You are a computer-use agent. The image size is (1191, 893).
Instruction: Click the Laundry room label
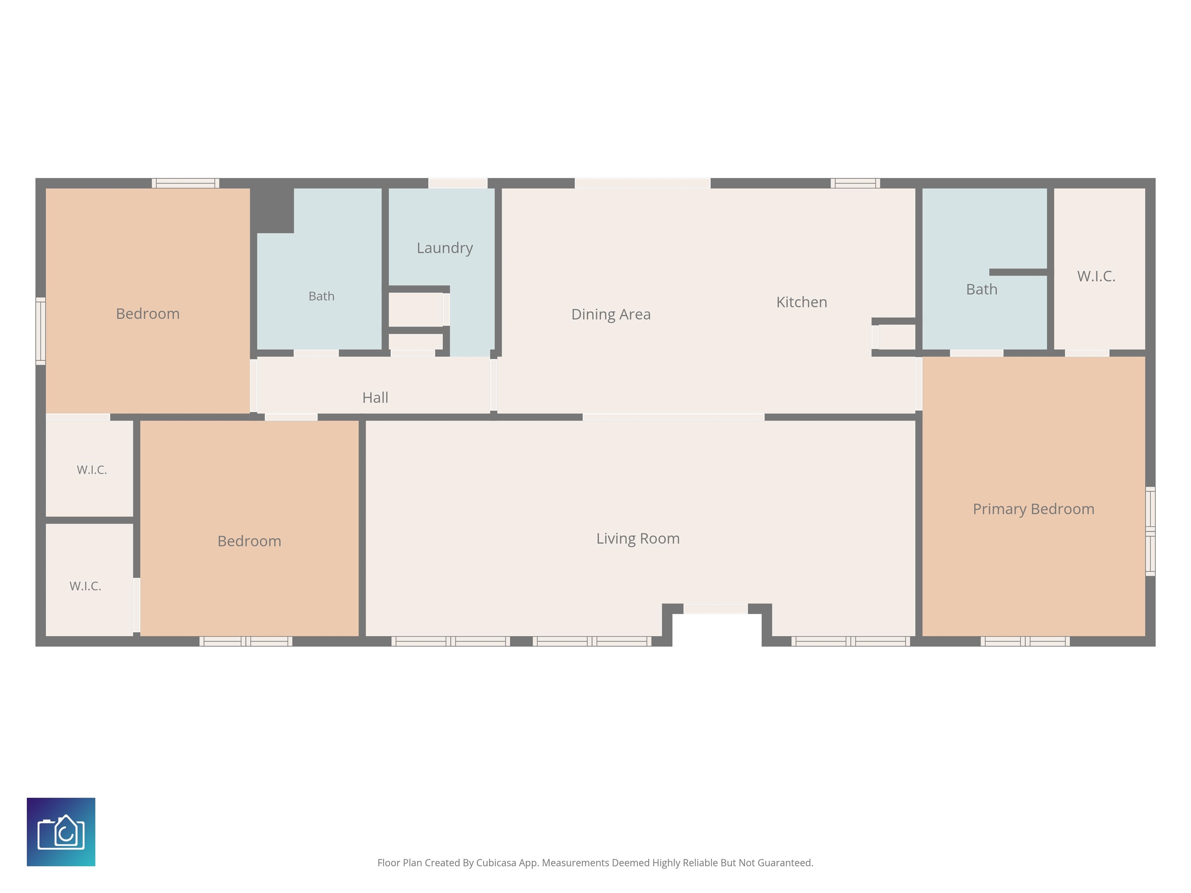click(445, 248)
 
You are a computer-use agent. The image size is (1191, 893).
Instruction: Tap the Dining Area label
click(611, 314)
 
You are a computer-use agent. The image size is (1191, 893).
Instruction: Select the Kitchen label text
click(802, 302)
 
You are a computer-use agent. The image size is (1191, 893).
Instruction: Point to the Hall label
click(375, 398)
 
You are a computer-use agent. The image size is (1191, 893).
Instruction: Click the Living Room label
click(638, 539)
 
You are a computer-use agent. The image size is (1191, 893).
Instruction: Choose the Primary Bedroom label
click(1033, 509)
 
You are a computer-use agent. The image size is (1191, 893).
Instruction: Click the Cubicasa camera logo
click(61, 832)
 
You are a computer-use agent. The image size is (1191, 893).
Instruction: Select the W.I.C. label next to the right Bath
click(1096, 276)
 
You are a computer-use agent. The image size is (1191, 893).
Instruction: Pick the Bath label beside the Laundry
click(321, 296)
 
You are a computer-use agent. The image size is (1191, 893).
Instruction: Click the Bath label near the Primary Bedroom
click(982, 290)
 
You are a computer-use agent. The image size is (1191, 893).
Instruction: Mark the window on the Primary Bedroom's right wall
click(1150, 531)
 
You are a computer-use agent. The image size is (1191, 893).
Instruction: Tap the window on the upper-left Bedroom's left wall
click(40, 331)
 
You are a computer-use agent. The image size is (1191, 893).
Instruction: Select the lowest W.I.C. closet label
click(85, 586)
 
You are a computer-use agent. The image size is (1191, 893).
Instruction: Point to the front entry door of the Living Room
click(716, 609)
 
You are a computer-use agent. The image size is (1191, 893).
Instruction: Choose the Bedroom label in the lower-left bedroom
click(249, 541)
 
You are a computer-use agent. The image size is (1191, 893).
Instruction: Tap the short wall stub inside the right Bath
click(1018, 272)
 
